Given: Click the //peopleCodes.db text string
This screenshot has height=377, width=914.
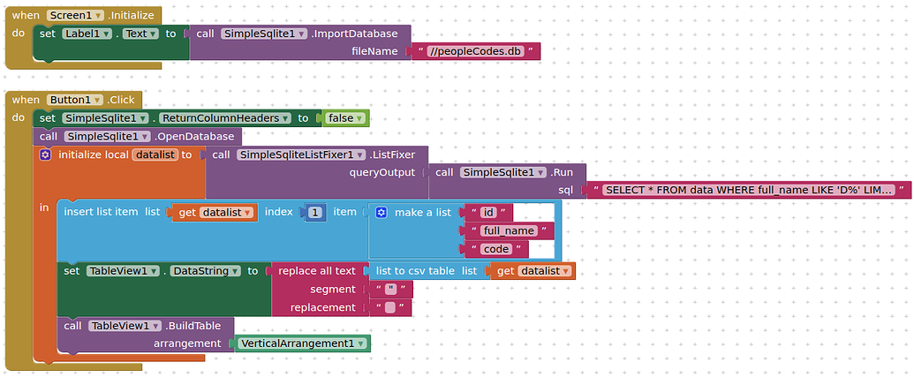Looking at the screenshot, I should (x=477, y=51).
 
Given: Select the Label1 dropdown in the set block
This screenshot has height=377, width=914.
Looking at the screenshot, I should (x=87, y=34).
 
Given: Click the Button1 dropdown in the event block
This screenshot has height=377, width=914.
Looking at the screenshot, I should (x=73, y=100).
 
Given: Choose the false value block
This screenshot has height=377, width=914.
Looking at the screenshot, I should (x=344, y=117).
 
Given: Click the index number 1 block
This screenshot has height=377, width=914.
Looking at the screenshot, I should (x=315, y=212).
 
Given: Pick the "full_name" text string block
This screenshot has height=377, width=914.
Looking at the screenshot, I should (x=508, y=230).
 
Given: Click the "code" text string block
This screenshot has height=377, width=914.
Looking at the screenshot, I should (x=495, y=249).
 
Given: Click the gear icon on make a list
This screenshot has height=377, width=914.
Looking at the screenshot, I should (x=381, y=212).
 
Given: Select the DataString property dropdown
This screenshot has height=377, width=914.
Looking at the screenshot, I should (x=204, y=271).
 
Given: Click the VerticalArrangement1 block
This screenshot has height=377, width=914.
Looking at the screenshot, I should (x=301, y=343).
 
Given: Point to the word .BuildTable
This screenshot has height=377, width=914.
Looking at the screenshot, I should (x=193, y=326).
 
